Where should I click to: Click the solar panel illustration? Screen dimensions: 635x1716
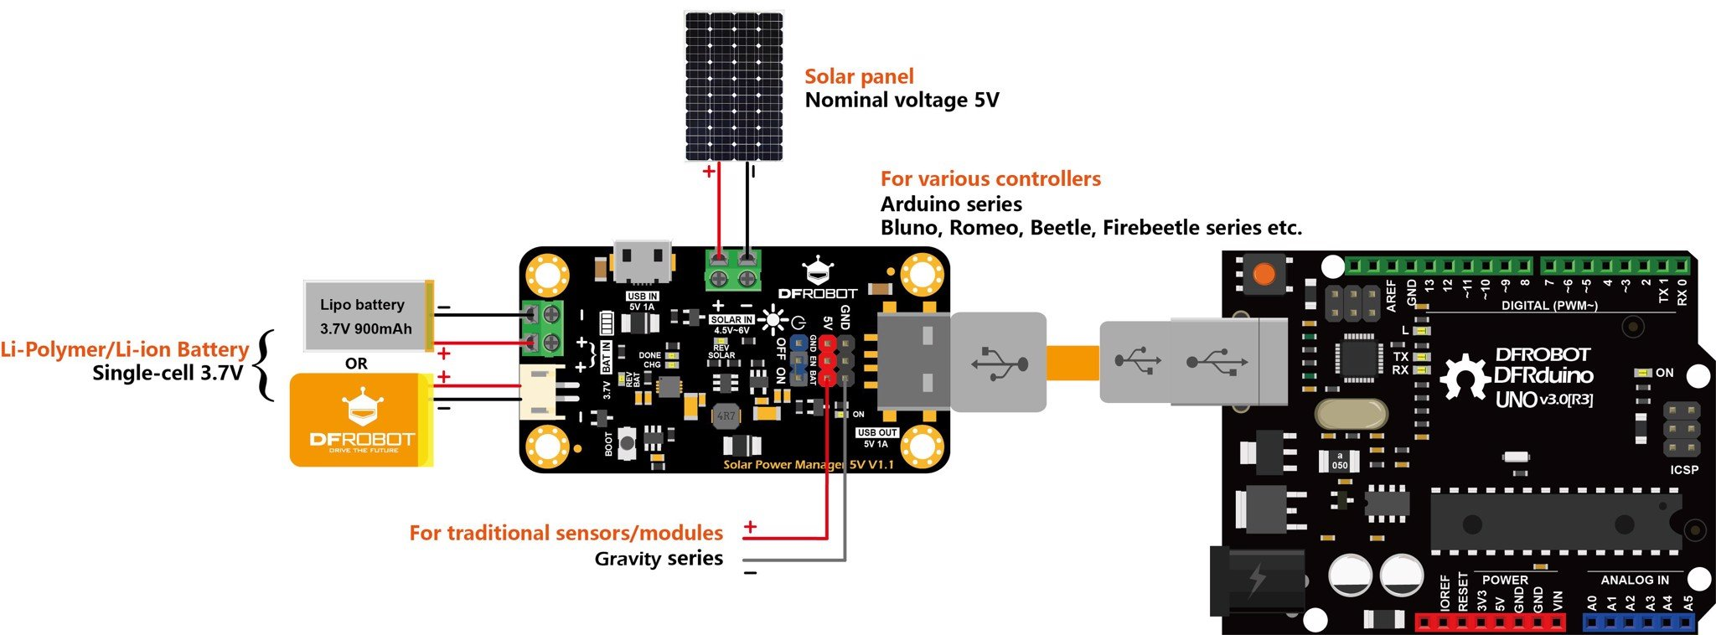click(x=735, y=85)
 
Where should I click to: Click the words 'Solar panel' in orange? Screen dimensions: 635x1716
click(x=858, y=76)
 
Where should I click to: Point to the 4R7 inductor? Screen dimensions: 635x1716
click(x=726, y=416)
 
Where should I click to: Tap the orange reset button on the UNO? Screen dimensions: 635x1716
click(x=1263, y=274)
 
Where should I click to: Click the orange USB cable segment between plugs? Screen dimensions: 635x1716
click(x=1072, y=363)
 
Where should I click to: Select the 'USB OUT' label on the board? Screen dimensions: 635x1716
click(x=876, y=432)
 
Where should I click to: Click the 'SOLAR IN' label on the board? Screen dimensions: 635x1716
click(x=731, y=319)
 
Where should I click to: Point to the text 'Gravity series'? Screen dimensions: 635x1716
click(x=659, y=559)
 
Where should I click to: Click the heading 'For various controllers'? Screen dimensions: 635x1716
click(x=990, y=178)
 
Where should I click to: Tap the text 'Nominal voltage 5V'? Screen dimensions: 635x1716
click(x=902, y=101)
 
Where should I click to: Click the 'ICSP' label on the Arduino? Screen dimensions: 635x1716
click(x=1683, y=469)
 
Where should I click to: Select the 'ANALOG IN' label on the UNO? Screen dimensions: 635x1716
click(x=1634, y=580)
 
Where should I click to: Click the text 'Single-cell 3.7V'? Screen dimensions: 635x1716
click(x=168, y=373)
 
